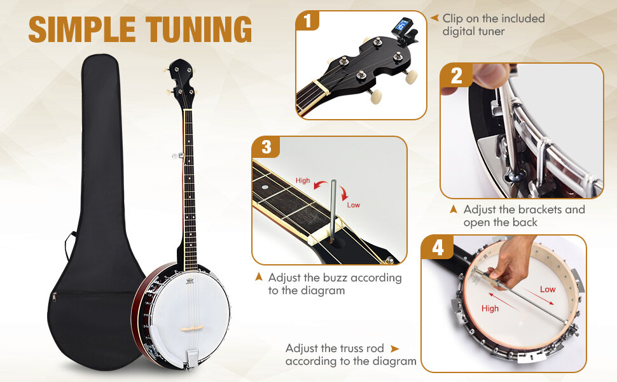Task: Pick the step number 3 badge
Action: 266,148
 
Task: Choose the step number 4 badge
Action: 438,248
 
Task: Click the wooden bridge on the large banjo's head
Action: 191,329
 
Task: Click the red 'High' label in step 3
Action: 303,181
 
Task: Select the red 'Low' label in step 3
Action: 353,205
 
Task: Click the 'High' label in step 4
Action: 490,308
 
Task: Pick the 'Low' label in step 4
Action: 547,289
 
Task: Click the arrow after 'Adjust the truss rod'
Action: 395,348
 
